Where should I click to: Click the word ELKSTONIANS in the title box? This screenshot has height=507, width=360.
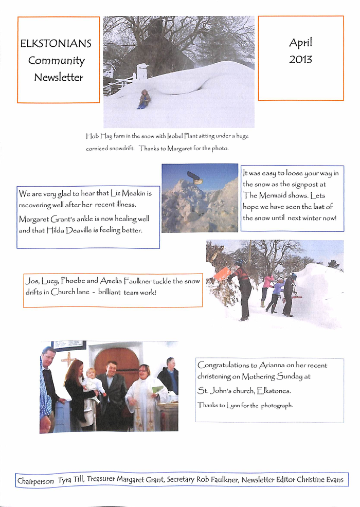tap(56, 44)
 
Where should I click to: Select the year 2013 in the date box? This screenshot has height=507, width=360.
tap(300, 59)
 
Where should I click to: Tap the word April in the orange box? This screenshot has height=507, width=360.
tap(300, 43)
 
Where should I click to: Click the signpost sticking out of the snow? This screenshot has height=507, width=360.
tap(194, 177)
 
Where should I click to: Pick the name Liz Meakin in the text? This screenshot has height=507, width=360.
tap(131, 194)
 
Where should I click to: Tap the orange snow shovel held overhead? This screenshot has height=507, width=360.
tap(222, 274)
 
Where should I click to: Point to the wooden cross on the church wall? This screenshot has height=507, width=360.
tap(68, 359)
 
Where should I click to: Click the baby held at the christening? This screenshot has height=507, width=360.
tap(93, 382)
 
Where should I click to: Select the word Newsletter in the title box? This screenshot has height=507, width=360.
tap(59, 78)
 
